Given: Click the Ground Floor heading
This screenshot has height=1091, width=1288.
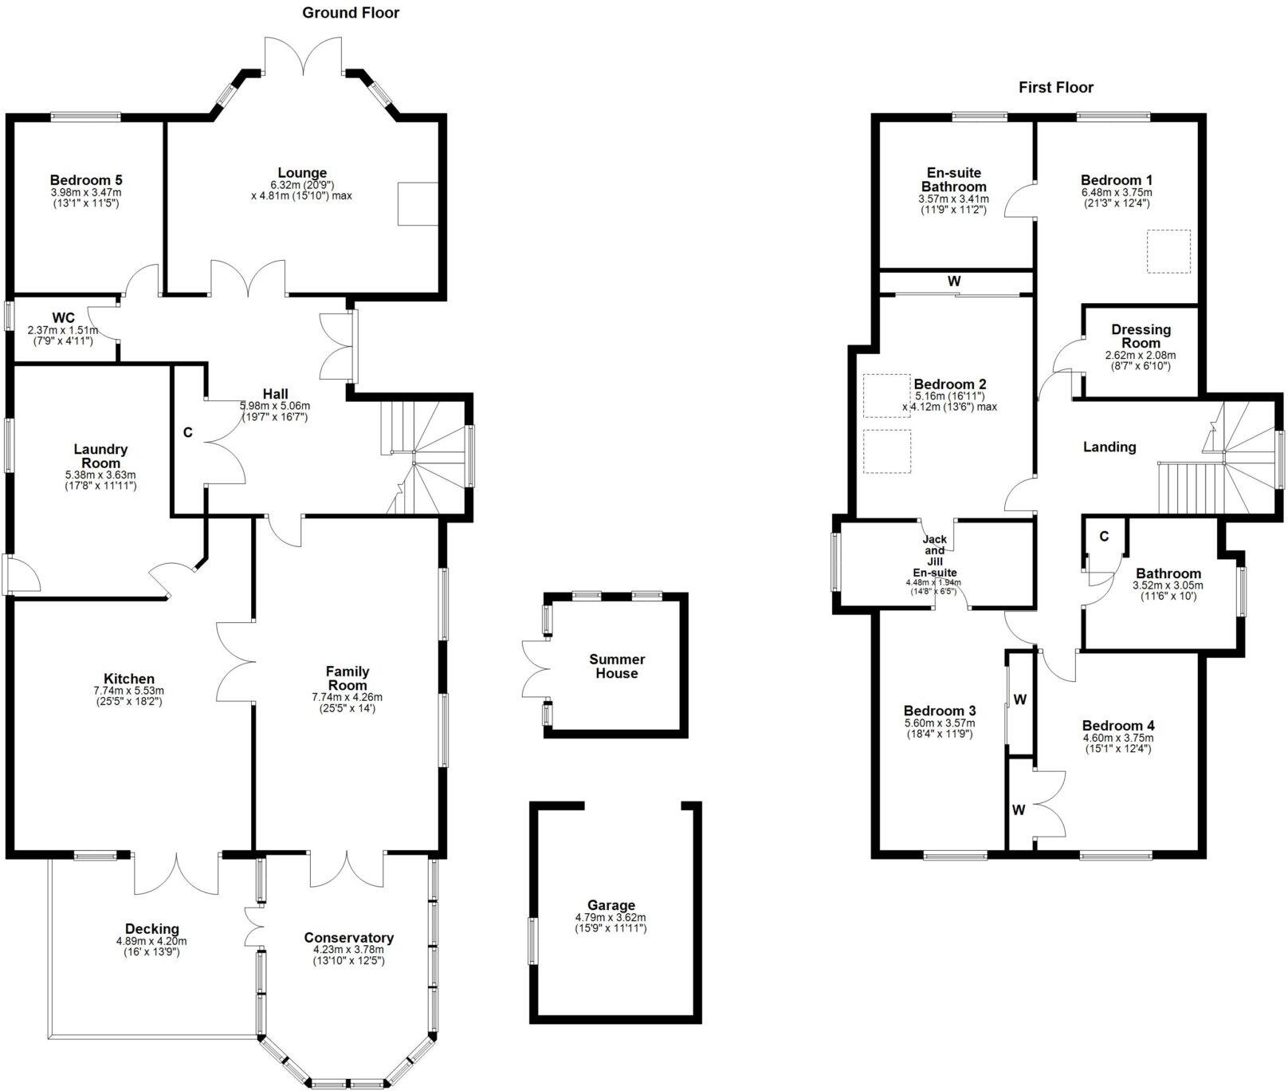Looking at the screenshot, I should (351, 13).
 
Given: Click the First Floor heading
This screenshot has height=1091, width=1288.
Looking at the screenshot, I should (1055, 87).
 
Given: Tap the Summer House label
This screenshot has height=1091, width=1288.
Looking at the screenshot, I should (617, 666).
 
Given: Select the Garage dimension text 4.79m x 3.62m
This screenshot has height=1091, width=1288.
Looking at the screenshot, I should (611, 918).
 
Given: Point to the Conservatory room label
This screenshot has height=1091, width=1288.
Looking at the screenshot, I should (348, 938).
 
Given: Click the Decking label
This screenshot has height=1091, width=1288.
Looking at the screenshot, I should (151, 928).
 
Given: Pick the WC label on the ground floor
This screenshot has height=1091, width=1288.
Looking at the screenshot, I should (63, 318).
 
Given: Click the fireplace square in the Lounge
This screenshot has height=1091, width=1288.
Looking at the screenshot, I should (418, 203).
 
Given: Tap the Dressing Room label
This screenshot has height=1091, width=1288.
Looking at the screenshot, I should (1141, 336).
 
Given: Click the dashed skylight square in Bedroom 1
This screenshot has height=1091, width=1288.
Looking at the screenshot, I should (1168, 251).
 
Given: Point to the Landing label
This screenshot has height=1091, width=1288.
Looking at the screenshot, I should (1109, 447).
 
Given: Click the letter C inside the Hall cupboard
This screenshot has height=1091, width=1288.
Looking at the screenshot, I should (188, 433).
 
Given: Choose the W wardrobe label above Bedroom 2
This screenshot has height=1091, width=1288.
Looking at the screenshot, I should (954, 282).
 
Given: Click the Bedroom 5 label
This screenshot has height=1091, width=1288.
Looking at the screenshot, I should (86, 180).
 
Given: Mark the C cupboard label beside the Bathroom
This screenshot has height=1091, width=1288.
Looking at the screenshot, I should (1104, 537).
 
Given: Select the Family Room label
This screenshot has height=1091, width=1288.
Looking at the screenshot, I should (348, 678).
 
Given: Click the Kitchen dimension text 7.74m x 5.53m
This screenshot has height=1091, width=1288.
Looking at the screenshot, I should (128, 691).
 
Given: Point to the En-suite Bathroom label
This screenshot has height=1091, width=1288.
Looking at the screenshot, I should (954, 179).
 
